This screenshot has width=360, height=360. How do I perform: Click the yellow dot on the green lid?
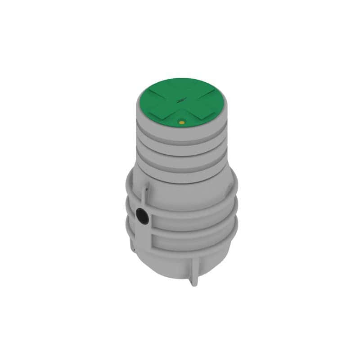point(182,121)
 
